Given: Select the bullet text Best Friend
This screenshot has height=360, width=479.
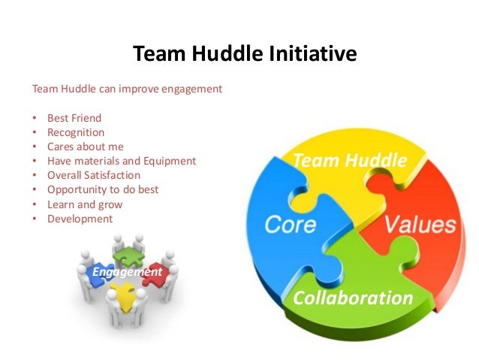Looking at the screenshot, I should [74, 118].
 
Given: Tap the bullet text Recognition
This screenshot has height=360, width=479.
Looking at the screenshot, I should [75, 132].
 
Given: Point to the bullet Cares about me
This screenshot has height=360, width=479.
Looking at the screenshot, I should [85, 147].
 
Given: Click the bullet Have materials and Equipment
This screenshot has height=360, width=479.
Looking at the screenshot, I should [121, 161].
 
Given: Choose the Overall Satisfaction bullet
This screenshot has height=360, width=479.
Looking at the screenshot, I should [93, 175].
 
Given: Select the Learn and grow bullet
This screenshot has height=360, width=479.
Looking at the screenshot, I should [84, 204].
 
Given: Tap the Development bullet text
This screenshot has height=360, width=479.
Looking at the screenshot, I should [80, 219].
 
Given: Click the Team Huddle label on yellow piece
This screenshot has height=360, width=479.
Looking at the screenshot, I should [349, 161].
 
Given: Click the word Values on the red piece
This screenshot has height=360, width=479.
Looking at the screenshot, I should [420, 225].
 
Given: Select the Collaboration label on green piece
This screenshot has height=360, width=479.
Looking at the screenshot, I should [353, 298].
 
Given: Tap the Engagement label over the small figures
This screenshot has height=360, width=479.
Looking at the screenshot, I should [126, 271].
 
